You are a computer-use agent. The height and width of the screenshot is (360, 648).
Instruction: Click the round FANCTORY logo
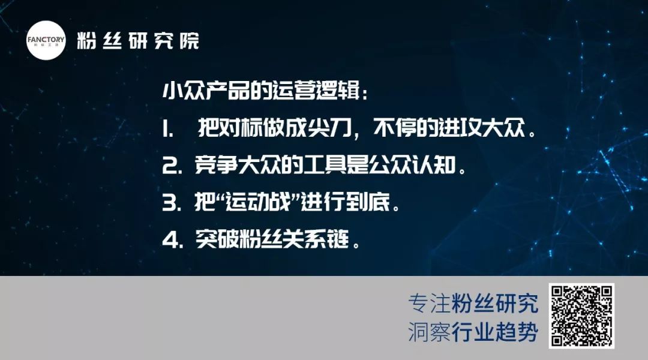point(46,41)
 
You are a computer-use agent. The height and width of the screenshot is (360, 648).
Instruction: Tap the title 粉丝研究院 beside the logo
point(138,41)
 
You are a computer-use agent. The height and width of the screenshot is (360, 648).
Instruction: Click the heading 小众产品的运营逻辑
point(261,90)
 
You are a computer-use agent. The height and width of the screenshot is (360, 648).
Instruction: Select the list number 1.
point(167,130)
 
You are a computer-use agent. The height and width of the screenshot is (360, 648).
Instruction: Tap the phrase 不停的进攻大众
point(449,128)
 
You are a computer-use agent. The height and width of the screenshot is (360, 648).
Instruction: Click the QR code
point(581,316)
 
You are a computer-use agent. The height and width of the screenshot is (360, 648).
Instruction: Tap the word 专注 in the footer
point(429,304)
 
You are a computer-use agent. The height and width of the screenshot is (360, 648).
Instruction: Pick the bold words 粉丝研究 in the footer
point(494,304)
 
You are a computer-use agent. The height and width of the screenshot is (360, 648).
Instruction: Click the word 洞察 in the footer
point(429,331)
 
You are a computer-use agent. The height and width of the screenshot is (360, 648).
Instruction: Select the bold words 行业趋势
point(494,331)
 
